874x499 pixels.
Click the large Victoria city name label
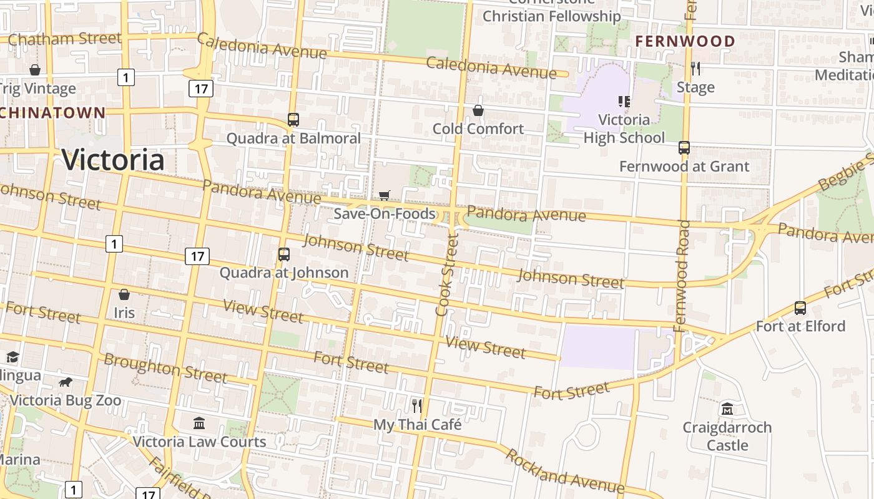point(113,160)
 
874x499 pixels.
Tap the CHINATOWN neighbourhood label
point(52,113)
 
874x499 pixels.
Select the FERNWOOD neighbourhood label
point(685,41)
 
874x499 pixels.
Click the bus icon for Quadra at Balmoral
point(293,119)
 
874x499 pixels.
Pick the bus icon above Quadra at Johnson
point(284,254)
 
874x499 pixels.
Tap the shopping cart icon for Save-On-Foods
point(385,196)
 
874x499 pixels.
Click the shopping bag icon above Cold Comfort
point(478,110)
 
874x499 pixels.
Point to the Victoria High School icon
point(624,101)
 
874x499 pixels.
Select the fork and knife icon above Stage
point(695,69)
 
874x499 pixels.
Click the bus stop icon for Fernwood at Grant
point(684,148)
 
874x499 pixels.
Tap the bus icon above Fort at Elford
point(800,308)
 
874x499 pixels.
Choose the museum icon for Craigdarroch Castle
point(727,409)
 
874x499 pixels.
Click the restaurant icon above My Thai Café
point(417,406)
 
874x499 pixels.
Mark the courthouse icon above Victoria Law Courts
point(199,424)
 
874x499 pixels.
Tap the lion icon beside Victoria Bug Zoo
point(65,382)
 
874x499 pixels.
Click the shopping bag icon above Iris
point(124,294)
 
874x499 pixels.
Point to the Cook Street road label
point(448,274)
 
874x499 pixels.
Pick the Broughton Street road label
point(165,368)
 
